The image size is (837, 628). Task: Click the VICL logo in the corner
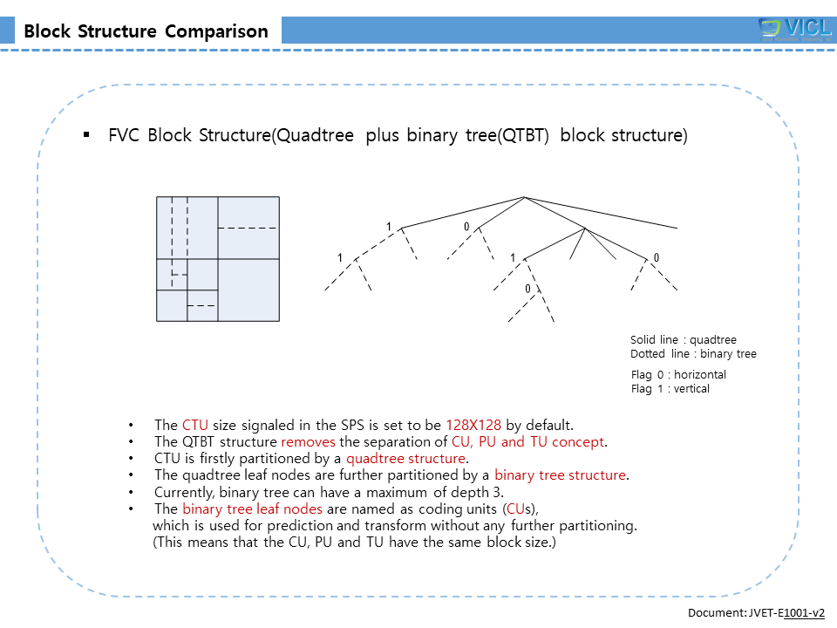coord(794,28)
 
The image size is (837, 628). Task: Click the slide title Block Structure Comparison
coord(146,31)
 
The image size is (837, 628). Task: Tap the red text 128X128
coord(473,426)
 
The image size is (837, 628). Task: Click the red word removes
coord(309,442)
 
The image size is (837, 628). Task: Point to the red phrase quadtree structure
coord(406,459)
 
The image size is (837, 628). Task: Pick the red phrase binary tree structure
coord(560,475)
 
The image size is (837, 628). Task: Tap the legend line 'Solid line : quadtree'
coord(684,340)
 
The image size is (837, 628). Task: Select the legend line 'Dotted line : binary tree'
coord(693,354)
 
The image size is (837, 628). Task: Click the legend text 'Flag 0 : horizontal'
coord(678,375)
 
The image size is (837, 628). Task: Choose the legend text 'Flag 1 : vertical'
coord(670,389)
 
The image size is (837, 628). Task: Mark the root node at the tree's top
coord(524,197)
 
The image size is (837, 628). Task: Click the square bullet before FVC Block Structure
coord(86,135)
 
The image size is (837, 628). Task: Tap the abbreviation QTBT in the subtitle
coord(522,136)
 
